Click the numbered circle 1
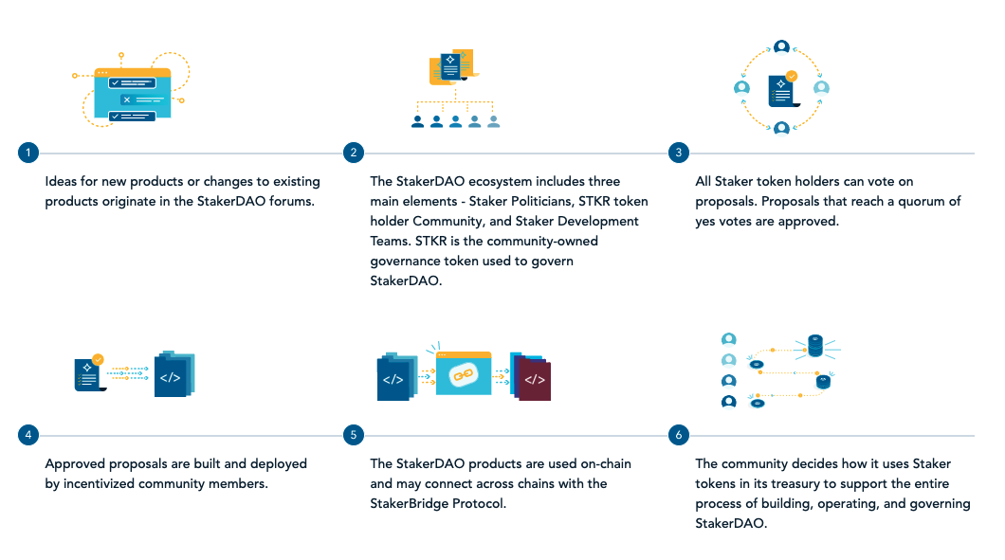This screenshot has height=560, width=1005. click(28, 153)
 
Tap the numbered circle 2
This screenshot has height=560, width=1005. click(353, 153)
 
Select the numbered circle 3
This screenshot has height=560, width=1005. click(679, 153)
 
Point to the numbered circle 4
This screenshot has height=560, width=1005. click(28, 435)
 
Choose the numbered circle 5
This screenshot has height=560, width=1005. click(353, 435)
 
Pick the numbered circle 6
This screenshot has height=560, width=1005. click(679, 435)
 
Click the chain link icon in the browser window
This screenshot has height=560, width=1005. click(464, 375)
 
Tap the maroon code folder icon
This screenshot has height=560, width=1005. click(533, 378)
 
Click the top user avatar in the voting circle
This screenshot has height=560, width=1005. click(781, 46)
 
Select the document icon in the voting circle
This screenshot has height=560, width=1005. click(783, 90)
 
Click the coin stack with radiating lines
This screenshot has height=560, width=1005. click(815, 346)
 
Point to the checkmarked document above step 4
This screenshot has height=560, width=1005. click(89, 373)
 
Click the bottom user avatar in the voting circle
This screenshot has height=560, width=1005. click(781, 129)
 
